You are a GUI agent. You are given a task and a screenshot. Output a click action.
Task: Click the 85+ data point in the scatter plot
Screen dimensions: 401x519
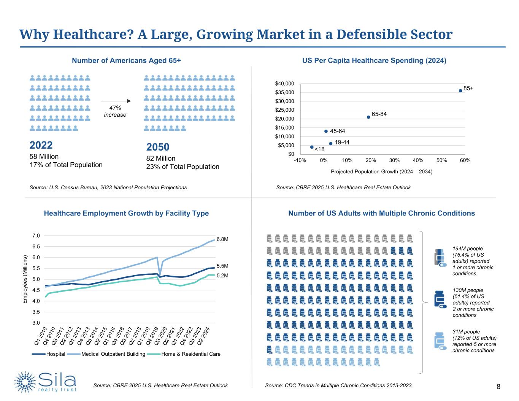click(460, 90)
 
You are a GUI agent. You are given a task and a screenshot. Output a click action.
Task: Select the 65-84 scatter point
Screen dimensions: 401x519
click(368, 117)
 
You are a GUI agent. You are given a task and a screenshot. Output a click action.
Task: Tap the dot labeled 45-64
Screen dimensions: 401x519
click(326, 131)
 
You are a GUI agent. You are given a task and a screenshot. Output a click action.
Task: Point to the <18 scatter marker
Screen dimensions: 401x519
click(312, 147)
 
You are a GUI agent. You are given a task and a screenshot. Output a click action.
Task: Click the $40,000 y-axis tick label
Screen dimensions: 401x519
click(284, 84)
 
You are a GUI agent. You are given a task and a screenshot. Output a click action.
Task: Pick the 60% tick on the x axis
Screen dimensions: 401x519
click(465, 160)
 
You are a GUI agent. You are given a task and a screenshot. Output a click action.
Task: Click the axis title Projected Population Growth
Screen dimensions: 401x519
click(381, 172)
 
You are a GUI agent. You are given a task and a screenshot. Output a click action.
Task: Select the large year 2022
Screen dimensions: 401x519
click(41, 145)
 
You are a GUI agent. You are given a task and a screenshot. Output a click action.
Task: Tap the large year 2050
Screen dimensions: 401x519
click(158, 147)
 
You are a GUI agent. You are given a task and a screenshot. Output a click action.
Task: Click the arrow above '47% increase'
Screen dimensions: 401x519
click(116, 101)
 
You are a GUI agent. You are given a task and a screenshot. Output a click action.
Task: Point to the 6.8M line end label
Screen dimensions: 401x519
click(222, 239)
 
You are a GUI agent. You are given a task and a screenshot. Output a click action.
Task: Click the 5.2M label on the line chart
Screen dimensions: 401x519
click(222, 276)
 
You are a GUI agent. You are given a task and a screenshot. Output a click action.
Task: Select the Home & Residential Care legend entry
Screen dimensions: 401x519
click(190, 354)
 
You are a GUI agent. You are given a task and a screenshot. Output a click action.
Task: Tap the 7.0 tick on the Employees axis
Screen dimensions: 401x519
click(36, 236)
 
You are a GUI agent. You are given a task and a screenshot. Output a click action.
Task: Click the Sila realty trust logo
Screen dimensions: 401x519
click(46, 382)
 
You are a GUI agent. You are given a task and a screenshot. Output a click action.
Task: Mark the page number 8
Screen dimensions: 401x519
click(498, 387)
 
